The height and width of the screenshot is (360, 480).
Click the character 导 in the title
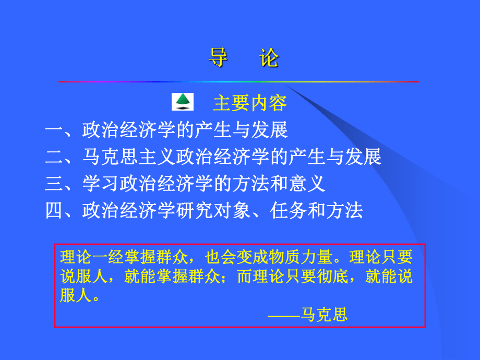[x=218, y=58]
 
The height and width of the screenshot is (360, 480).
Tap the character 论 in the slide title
[x=269, y=58]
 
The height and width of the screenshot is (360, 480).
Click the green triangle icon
[x=182, y=101]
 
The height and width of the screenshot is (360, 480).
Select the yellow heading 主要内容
[x=250, y=103]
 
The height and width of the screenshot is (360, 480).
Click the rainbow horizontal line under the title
[x=238, y=82]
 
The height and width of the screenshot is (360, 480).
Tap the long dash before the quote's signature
[x=284, y=315]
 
